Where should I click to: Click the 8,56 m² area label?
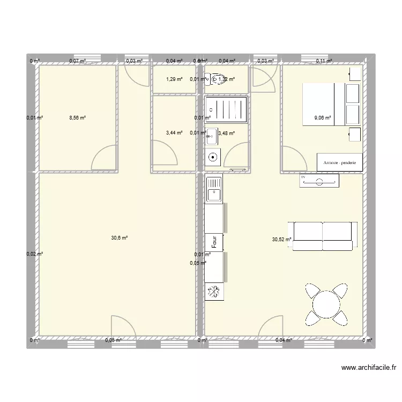(x=77, y=118)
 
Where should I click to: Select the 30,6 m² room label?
(x=120, y=237)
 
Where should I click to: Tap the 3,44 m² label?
(x=175, y=133)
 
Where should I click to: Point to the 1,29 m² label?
(x=175, y=79)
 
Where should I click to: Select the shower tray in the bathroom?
(x=228, y=110)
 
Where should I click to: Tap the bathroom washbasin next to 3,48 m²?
(x=212, y=136)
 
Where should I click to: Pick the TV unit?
(x=319, y=181)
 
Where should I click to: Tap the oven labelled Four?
(x=213, y=241)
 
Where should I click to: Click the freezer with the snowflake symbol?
(x=213, y=292)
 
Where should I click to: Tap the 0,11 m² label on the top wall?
(x=324, y=61)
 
